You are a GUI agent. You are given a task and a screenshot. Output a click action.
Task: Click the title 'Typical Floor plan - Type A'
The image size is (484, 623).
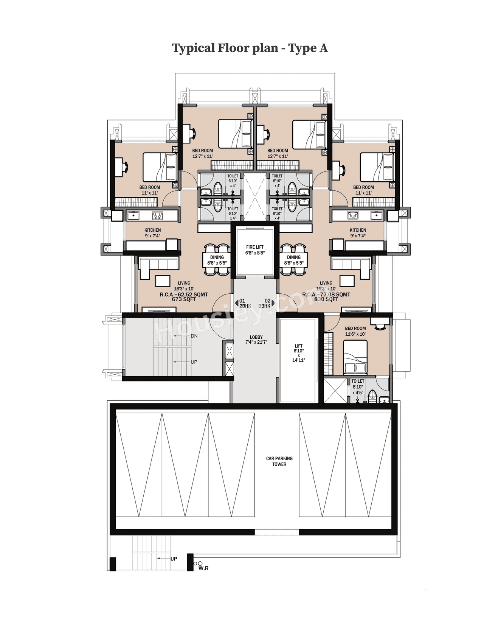point(250,48)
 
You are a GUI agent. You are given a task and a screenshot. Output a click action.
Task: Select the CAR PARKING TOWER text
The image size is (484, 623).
point(279,461)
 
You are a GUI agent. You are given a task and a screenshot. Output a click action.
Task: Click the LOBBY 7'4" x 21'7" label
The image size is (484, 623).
point(256,340)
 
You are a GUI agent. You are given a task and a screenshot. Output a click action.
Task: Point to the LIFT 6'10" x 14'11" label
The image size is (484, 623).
point(298,353)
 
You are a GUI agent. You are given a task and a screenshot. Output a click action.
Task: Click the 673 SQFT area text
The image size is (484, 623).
point(184,299)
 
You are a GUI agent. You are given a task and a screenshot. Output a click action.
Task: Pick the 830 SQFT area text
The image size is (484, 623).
point(326,299)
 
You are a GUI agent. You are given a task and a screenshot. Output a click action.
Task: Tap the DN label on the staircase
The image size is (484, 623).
point(194,336)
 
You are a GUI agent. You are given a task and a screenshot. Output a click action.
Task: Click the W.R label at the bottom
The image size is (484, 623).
point(203,568)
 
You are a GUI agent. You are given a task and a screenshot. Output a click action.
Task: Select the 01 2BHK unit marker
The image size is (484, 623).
point(244,304)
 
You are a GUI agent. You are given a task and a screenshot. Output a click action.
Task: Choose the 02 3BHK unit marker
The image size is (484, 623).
point(266,304)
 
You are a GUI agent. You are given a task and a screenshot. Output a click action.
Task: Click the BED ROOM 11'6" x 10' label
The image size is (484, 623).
point(355,331)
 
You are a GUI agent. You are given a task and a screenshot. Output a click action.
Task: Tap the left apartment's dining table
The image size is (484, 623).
point(217,260)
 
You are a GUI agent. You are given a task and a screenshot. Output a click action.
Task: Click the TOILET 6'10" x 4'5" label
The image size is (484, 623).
point(358,387)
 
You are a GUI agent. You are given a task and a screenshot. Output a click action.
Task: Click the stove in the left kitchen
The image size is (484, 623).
point(157,216)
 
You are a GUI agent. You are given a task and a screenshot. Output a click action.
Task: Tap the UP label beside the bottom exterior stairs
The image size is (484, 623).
point(174,559)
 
